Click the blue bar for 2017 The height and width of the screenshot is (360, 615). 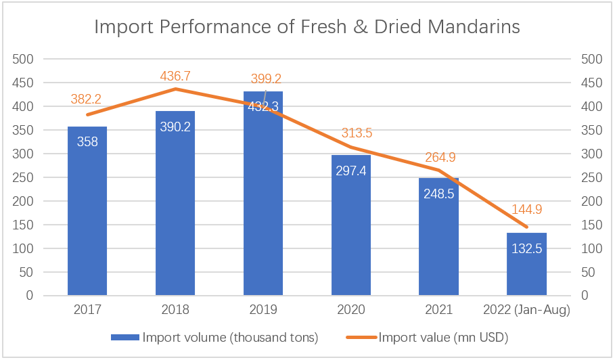pyautogui.click(x=87, y=210)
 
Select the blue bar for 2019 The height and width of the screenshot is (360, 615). pyautogui.click(x=263, y=193)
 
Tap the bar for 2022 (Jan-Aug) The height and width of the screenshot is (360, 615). pyautogui.click(x=527, y=264)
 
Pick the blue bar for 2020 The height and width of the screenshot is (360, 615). pyautogui.click(x=351, y=225)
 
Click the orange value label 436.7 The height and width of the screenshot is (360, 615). pyautogui.click(x=175, y=76)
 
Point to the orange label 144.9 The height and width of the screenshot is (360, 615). pyautogui.click(x=527, y=209)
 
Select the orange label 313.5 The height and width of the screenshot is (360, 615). pyautogui.click(x=357, y=133)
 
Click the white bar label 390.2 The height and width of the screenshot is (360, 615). pyautogui.click(x=175, y=127)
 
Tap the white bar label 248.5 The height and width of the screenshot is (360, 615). pyautogui.click(x=439, y=194)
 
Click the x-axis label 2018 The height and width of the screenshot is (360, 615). pyautogui.click(x=175, y=309)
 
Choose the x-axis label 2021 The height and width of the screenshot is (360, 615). pyautogui.click(x=439, y=309)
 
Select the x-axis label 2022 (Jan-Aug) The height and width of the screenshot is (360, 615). pyautogui.click(x=526, y=310)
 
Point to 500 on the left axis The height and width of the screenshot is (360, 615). pyautogui.click(x=23, y=60)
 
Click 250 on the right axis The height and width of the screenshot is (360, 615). pyautogui.click(x=591, y=178)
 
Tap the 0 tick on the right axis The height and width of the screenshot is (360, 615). pyautogui.click(x=585, y=295)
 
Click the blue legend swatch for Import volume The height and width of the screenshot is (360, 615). pyautogui.click(x=125, y=337)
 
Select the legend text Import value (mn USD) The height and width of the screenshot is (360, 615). pyautogui.click(x=443, y=337)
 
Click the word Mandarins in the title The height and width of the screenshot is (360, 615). pyautogui.click(x=474, y=27)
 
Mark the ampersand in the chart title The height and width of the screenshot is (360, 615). pyautogui.click(x=361, y=27)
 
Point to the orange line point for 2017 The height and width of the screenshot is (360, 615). pyautogui.click(x=87, y=114)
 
